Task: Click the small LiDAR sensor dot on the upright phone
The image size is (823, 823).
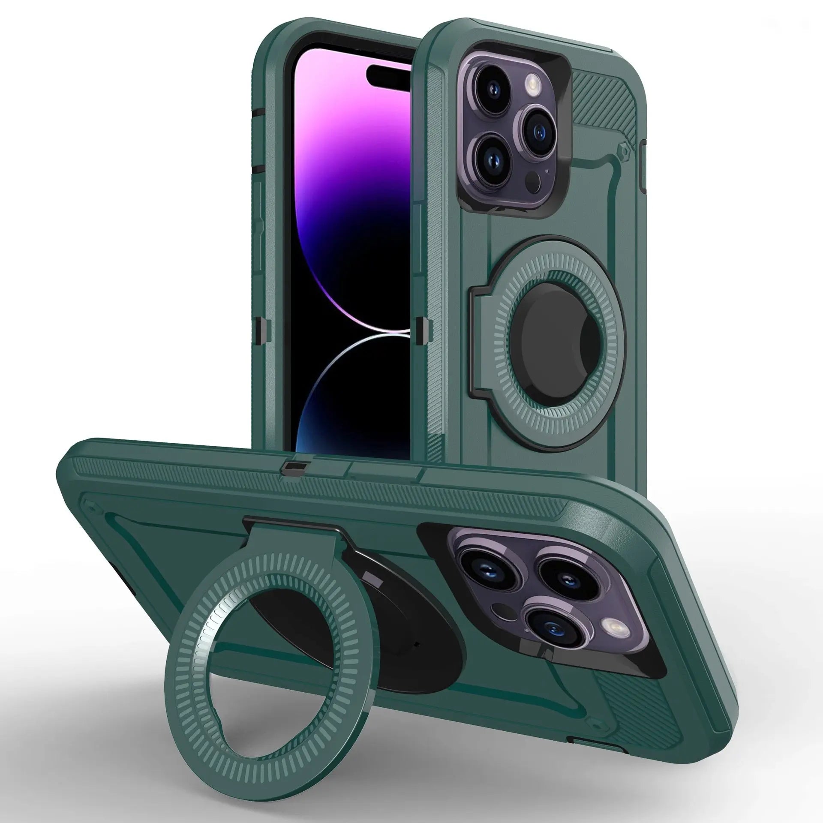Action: (532, 167)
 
